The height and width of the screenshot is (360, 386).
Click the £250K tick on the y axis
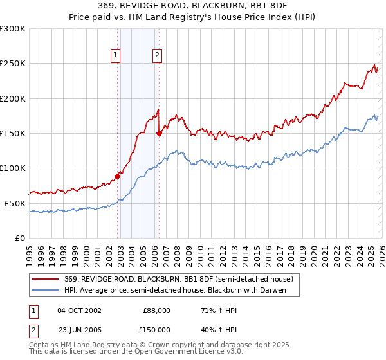[x=12, y=64]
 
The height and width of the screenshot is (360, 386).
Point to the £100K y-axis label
[x=12, y=168]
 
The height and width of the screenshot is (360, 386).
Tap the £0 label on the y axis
[x=19, y=238]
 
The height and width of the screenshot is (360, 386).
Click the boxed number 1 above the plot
[x=116, y=55]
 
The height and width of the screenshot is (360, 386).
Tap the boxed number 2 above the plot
[x=157, y=55]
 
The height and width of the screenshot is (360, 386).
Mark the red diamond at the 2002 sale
[x=118, y=176]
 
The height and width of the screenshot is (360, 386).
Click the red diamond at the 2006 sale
[x=159, y=133]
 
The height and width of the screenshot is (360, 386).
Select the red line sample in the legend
[x=46, y=279]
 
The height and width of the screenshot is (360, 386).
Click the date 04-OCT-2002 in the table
[x=79, y=310]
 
